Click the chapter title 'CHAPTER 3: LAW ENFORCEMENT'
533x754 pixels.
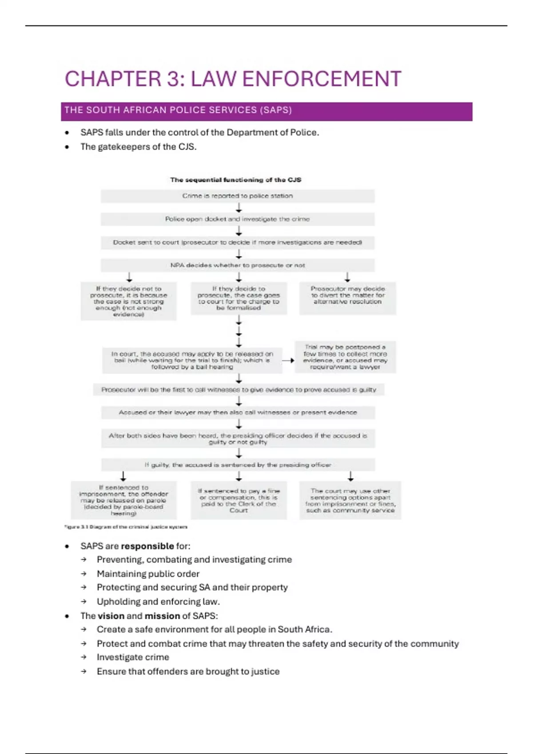coord(233,79)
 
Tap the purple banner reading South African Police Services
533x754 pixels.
coord(266,111)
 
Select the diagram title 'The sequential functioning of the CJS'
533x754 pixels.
coord(236,180)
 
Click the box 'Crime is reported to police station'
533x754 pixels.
coord(238,196)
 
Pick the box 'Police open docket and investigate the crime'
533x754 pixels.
coord(238,219)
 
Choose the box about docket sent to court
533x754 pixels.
coord(238,243)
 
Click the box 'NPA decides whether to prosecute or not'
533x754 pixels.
coord(238,265)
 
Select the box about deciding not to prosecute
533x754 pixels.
coord(128,302)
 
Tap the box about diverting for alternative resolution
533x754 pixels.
coord(347,298)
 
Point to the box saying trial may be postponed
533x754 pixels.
coord(345,357)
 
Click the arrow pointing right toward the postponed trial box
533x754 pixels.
coord(288,361)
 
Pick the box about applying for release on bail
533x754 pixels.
coord(192,360)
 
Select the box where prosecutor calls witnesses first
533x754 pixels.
coord(239,390)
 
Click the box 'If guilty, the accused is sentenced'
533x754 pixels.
coord(238,465)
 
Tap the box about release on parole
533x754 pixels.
coord(123,500)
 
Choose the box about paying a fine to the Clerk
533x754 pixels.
coord(239,500)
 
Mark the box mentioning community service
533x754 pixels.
coord(350,500)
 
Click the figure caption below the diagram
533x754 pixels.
coord(126,527)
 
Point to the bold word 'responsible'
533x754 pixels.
coord(147,546)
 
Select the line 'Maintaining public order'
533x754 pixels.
coord(148,574)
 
